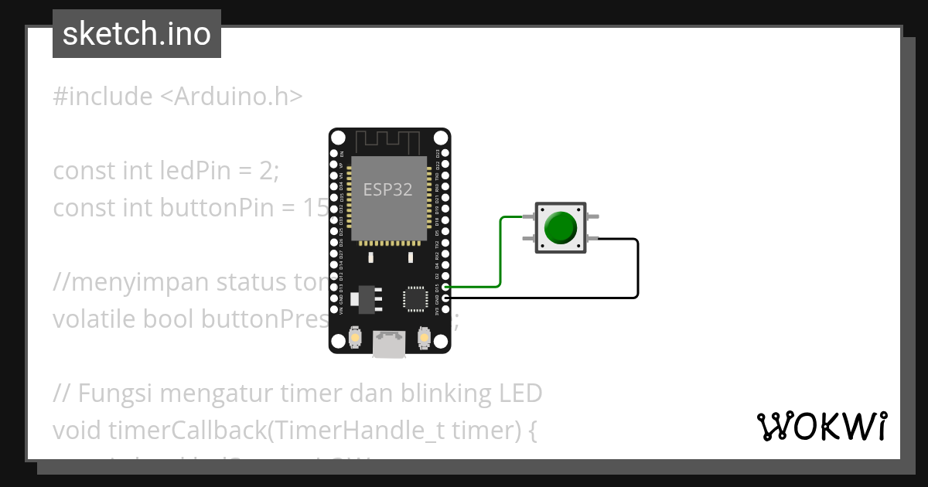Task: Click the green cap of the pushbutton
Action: pos(560,227)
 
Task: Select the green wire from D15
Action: pos(500,255)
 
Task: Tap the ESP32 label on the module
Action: pos(388,189)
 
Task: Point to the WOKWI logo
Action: pos(821,426)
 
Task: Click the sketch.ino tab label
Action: pos(137,34)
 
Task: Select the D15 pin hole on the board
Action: pos(445,287)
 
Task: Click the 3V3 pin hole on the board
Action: pos(445,309)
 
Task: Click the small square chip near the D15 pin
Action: pos(415,298)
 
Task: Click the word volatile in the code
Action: pos(89,318)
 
